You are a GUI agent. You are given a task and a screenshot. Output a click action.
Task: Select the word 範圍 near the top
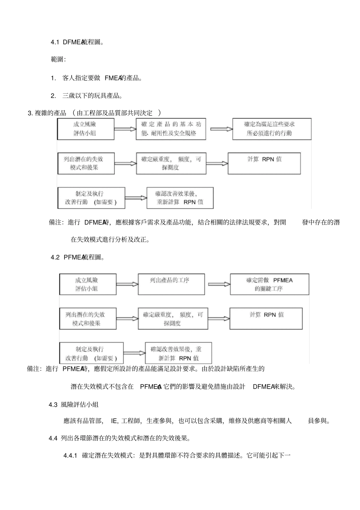click(58, 60)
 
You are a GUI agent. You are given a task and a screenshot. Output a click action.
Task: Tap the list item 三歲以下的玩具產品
click(92, 96)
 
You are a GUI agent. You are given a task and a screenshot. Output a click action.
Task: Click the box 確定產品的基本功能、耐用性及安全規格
click(171, 129)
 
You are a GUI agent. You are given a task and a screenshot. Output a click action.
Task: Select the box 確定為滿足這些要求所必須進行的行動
click(272, 129)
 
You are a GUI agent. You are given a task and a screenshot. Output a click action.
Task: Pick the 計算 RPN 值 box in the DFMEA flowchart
click(264, 163)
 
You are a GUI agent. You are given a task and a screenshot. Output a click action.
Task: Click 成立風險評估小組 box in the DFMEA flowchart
click(86, 129)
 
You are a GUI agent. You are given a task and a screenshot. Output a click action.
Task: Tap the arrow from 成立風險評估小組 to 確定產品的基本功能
click(125, 129)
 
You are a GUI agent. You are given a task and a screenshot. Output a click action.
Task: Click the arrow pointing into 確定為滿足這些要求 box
click(221, 129)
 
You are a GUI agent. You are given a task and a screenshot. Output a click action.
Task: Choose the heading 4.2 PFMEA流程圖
click(78, 257)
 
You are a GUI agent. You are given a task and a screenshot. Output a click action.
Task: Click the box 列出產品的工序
click(171, 284)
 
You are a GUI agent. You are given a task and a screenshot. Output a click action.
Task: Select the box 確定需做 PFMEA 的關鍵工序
click(269, 284)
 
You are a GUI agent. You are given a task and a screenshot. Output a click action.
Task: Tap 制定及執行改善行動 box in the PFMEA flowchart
click(91, 353)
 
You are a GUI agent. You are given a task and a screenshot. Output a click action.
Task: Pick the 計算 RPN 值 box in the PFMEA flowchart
click(266, 319)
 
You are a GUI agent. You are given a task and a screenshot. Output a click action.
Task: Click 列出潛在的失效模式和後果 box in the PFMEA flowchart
click(88, 319)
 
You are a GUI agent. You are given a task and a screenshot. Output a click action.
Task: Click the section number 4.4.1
click(70, 455)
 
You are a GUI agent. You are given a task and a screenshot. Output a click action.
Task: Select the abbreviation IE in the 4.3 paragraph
click(114, 421)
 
